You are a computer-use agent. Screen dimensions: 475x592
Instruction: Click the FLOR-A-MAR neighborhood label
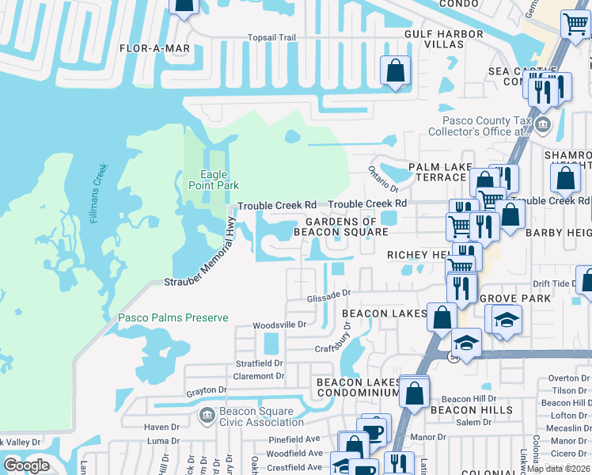[155, 48]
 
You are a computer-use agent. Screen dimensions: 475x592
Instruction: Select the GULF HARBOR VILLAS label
[444, 39]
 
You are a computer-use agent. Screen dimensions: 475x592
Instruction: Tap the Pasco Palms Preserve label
[173, 318]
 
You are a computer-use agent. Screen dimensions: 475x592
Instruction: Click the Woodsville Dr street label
[279, 325]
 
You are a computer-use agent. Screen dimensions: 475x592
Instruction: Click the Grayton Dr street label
[207, 390]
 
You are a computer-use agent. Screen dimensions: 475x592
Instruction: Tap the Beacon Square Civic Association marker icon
[207, 414]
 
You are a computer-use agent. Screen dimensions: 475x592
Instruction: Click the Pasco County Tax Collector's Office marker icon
[543, 124]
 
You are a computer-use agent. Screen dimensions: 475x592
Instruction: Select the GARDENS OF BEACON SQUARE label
[340, 226]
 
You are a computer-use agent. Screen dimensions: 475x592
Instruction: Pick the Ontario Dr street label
[383, 178]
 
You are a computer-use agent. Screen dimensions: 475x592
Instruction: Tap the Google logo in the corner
[26, 465]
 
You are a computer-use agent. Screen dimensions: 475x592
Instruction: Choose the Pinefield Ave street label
[294, 439]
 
